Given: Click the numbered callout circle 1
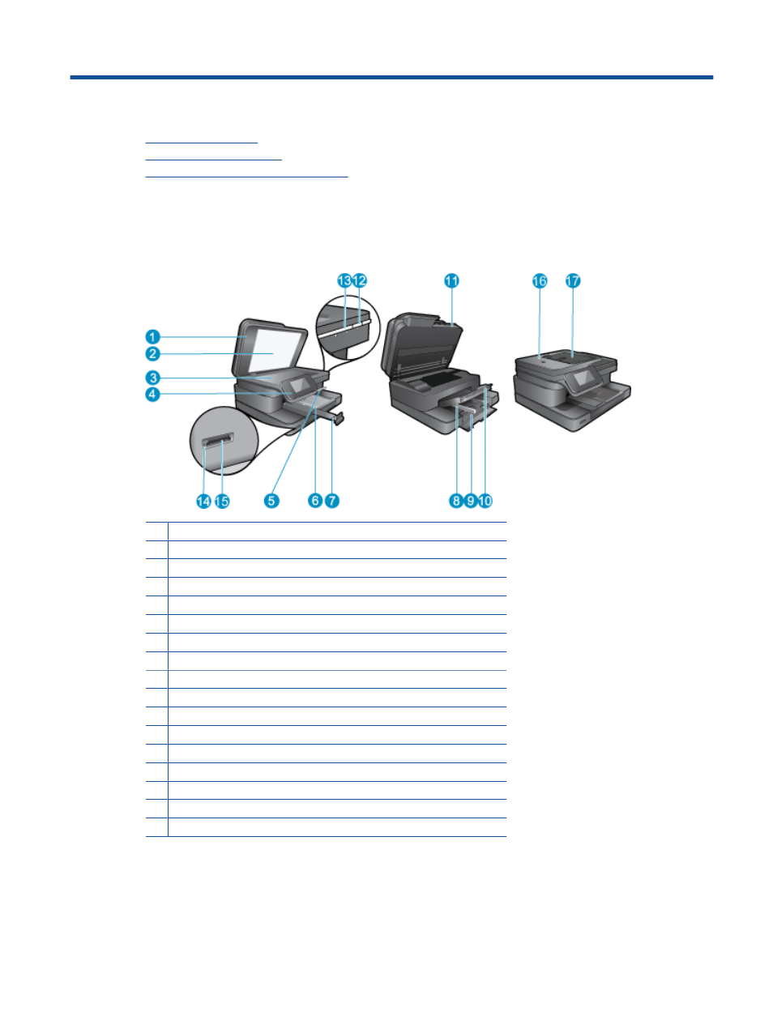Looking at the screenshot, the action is click(x=152, y=336).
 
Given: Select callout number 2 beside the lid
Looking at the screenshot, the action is click(x=152, y=354).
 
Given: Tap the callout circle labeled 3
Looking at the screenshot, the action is click(x=152, y=378).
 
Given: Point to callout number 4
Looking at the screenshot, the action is click(x=152, y=395).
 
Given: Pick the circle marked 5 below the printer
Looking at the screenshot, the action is click(x=271, y=501).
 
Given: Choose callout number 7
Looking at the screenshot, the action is click(x=332, y=501).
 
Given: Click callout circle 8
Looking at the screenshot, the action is click(x=455, y=501).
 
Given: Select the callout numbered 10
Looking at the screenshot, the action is click(x=485, y=501).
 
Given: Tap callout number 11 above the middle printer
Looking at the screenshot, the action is click(x=451, y=280).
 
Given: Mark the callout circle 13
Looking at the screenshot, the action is click(x=344, y=280).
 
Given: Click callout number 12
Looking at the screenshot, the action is click(x=360, y=280).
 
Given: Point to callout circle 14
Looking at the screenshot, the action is click(x=203, y=502).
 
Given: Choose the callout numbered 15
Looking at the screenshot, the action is click(x=222, y=502).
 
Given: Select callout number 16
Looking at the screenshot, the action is click(x=540, y=281).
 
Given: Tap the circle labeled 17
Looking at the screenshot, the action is click(x=573, y=281).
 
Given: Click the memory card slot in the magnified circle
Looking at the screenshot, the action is click(x=217, y=440).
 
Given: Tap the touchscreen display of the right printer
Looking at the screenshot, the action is click(x=583, y=378).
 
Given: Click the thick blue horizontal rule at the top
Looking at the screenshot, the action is click(x=391, y=77).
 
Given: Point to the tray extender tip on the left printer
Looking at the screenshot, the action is click(x=339, y=418).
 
